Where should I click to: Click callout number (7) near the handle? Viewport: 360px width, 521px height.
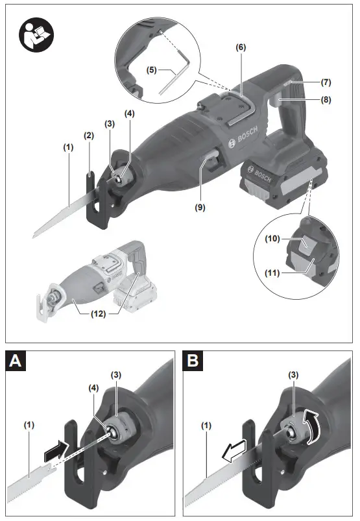click(325, 82)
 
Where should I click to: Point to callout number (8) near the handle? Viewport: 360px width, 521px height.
click(325, 100)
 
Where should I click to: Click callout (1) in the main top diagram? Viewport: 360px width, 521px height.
click(69, 147)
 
